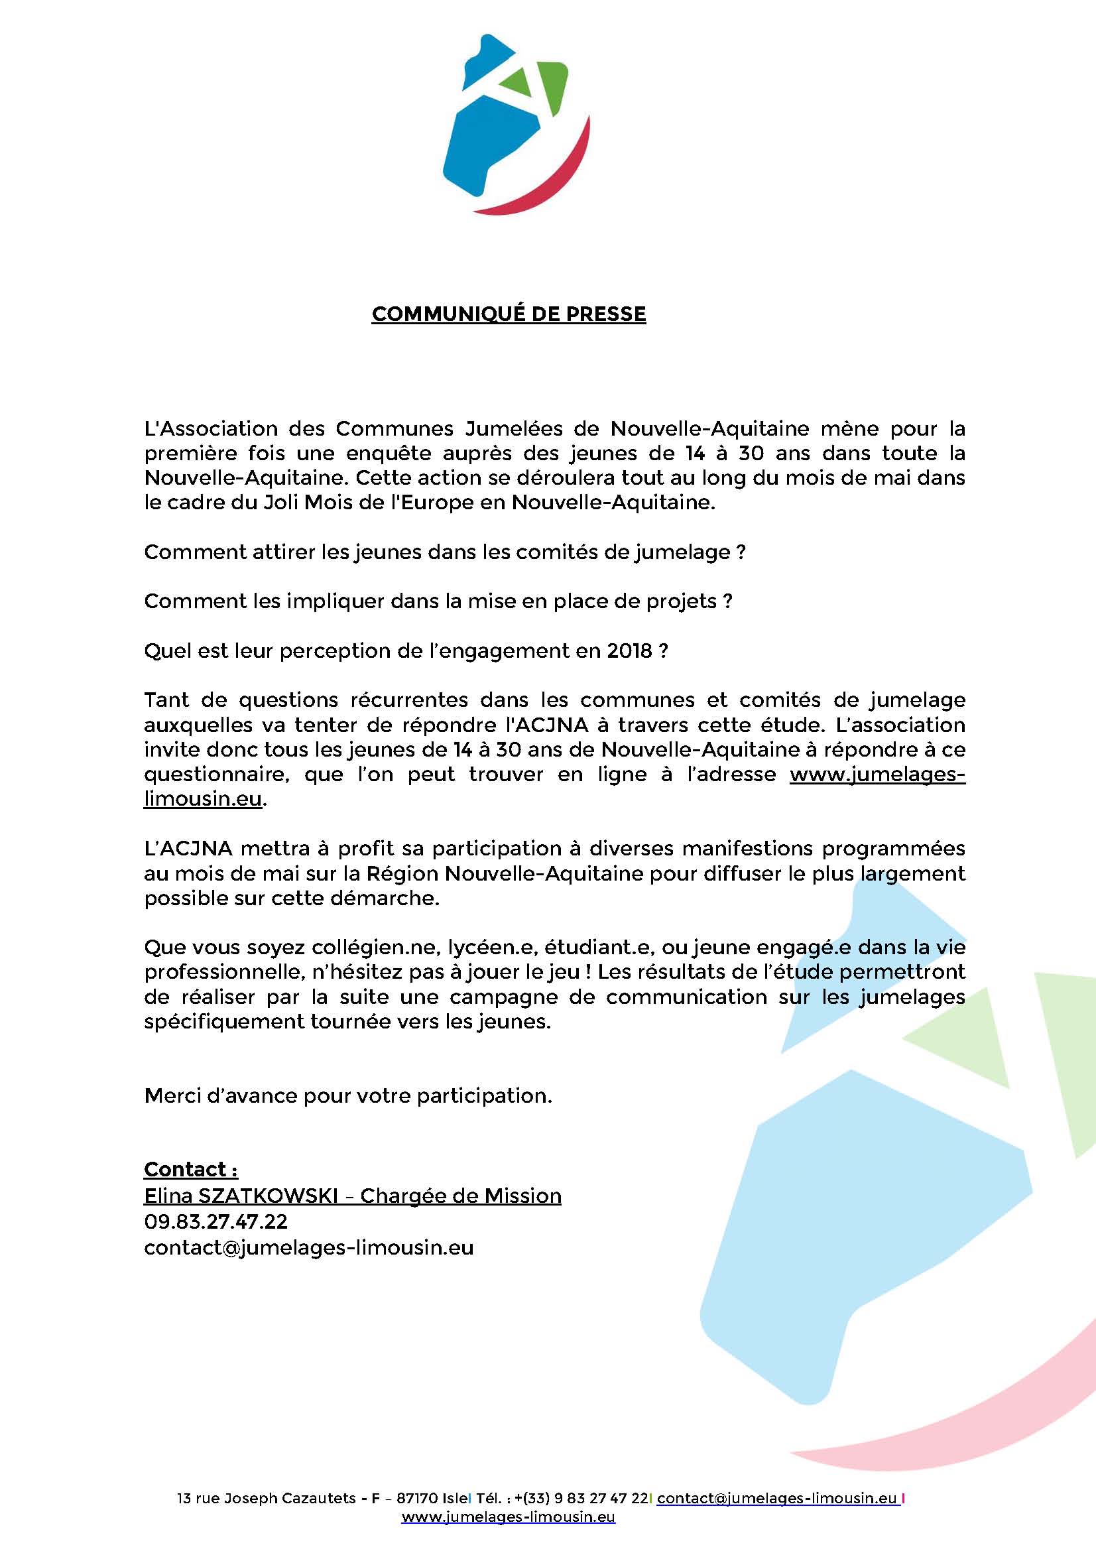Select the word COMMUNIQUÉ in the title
(432, 314)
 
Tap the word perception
(332, 651)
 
